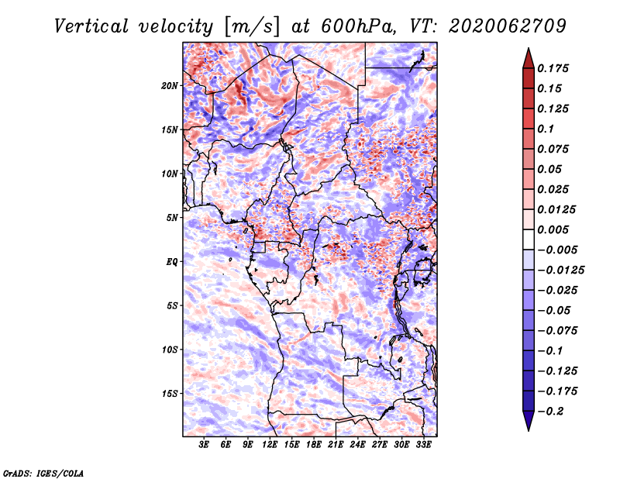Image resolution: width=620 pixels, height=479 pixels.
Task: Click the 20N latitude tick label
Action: click(x=170, y=85)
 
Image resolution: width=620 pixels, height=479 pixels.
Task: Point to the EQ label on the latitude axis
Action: click(x=173, y=262)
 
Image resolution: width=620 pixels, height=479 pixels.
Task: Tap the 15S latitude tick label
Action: click(x=170, y=394)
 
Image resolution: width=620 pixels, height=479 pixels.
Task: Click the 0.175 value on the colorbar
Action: click(x=554, y=68)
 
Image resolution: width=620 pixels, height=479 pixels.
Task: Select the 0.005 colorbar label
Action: click(x=554, y=229)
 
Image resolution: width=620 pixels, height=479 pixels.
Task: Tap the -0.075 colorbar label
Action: click(x=557, y=330)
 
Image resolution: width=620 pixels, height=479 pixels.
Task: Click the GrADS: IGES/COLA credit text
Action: click(x=43, y=472)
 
